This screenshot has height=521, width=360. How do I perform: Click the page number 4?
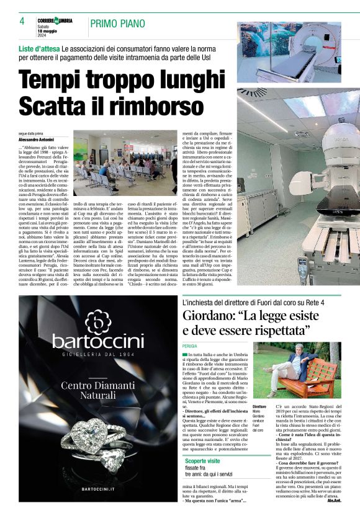pyautogui.click(x=22, y=21)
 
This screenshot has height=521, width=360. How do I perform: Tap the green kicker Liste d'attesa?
pyautogui.click(x=38, y=48)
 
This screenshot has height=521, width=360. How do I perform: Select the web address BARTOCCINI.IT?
pyautogui.click(x=97, y=489)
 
